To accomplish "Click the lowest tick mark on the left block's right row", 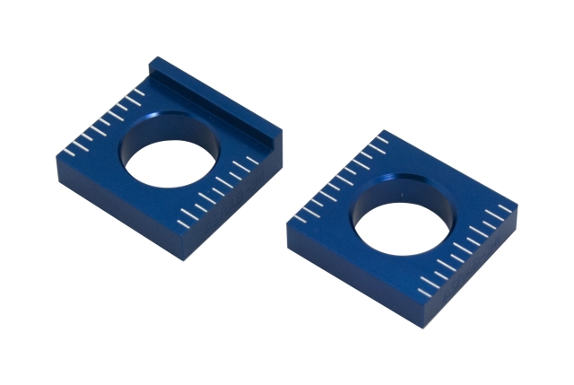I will coord(185,217).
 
